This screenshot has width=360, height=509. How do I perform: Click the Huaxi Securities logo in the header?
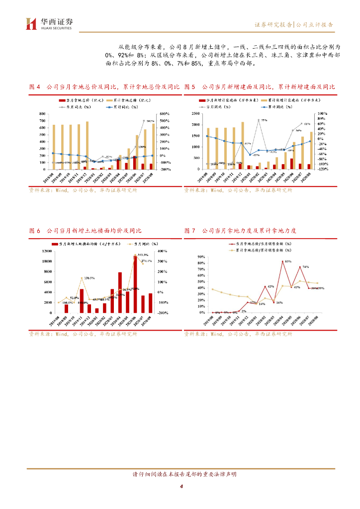[49, 23]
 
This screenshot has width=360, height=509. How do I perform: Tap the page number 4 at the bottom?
[181, 486]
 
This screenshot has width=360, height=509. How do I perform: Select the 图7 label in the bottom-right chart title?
[189, 231]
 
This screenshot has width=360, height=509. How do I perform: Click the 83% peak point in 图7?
[282, 261]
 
